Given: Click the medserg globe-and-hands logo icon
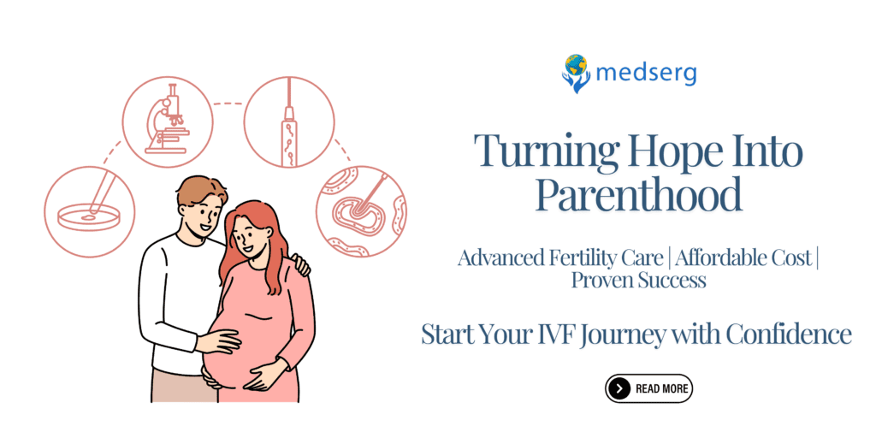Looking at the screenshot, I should pyautogui.click(x=576, y=73).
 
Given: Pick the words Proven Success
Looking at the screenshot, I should pyautogui.click(x=638, y=281).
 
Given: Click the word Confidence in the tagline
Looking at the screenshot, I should pyautogui.click(x=788, y=334).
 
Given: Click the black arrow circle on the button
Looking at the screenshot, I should pyautogui.click(x=619, y=388).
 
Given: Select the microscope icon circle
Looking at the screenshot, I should pyautogui.click(x=165, y=120).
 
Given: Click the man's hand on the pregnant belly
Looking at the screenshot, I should pyautogui.click(x=217, y=342).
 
